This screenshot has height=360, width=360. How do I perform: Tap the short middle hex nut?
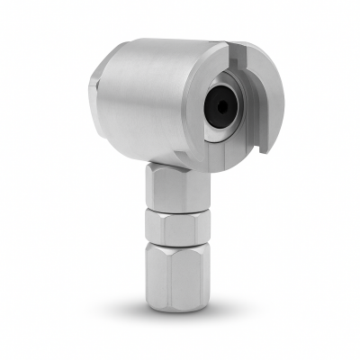pyautogui.click(x=175, y=227)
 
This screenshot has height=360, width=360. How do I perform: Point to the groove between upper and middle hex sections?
pyautogui.click(x=175, y=211)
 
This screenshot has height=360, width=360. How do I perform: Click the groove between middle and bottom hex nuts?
pyautogui.click(x=175, y=245)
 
